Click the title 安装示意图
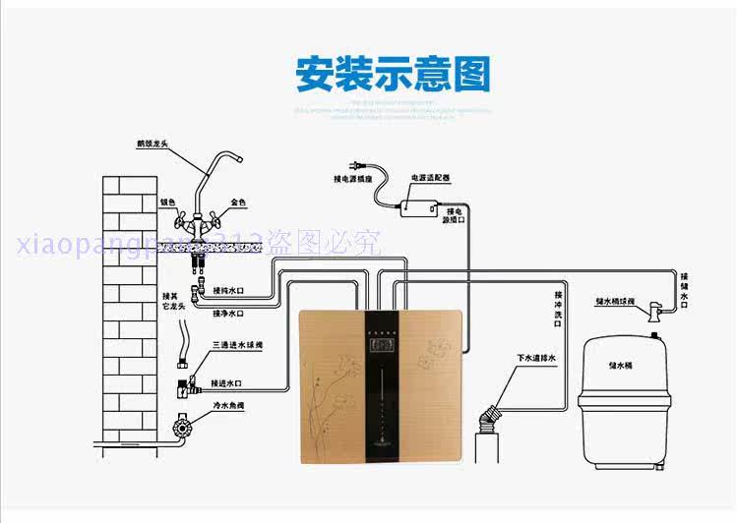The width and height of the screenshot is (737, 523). [393, 75]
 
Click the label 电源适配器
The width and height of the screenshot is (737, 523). [430, 179]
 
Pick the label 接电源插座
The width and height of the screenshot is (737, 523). [352, 180]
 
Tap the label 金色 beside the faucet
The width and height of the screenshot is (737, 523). [238, 203]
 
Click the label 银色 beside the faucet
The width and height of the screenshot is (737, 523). [167, 203]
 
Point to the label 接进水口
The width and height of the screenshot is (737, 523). [228, 379]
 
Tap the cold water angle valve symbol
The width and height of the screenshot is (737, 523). [180, 429]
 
